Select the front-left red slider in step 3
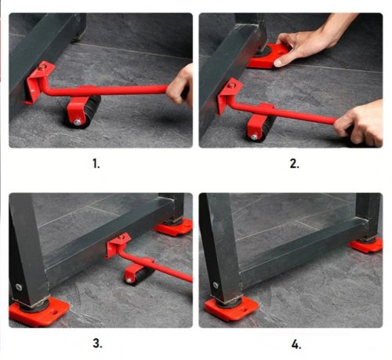tap(39, 311)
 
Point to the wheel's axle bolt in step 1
tap(78, 121)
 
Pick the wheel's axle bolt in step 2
tap(253, 136)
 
